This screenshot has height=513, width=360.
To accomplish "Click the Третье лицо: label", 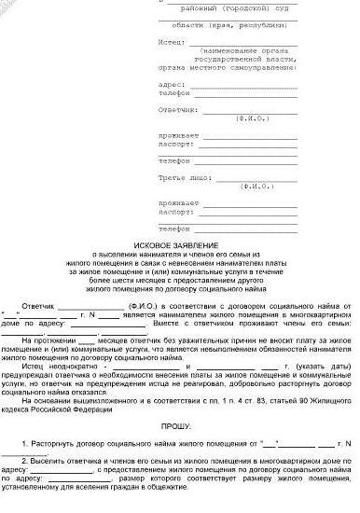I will click(183, 175).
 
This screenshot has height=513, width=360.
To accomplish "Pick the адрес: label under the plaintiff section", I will click(170, 83).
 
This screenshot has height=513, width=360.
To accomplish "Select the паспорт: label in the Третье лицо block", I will click(173, 212).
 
